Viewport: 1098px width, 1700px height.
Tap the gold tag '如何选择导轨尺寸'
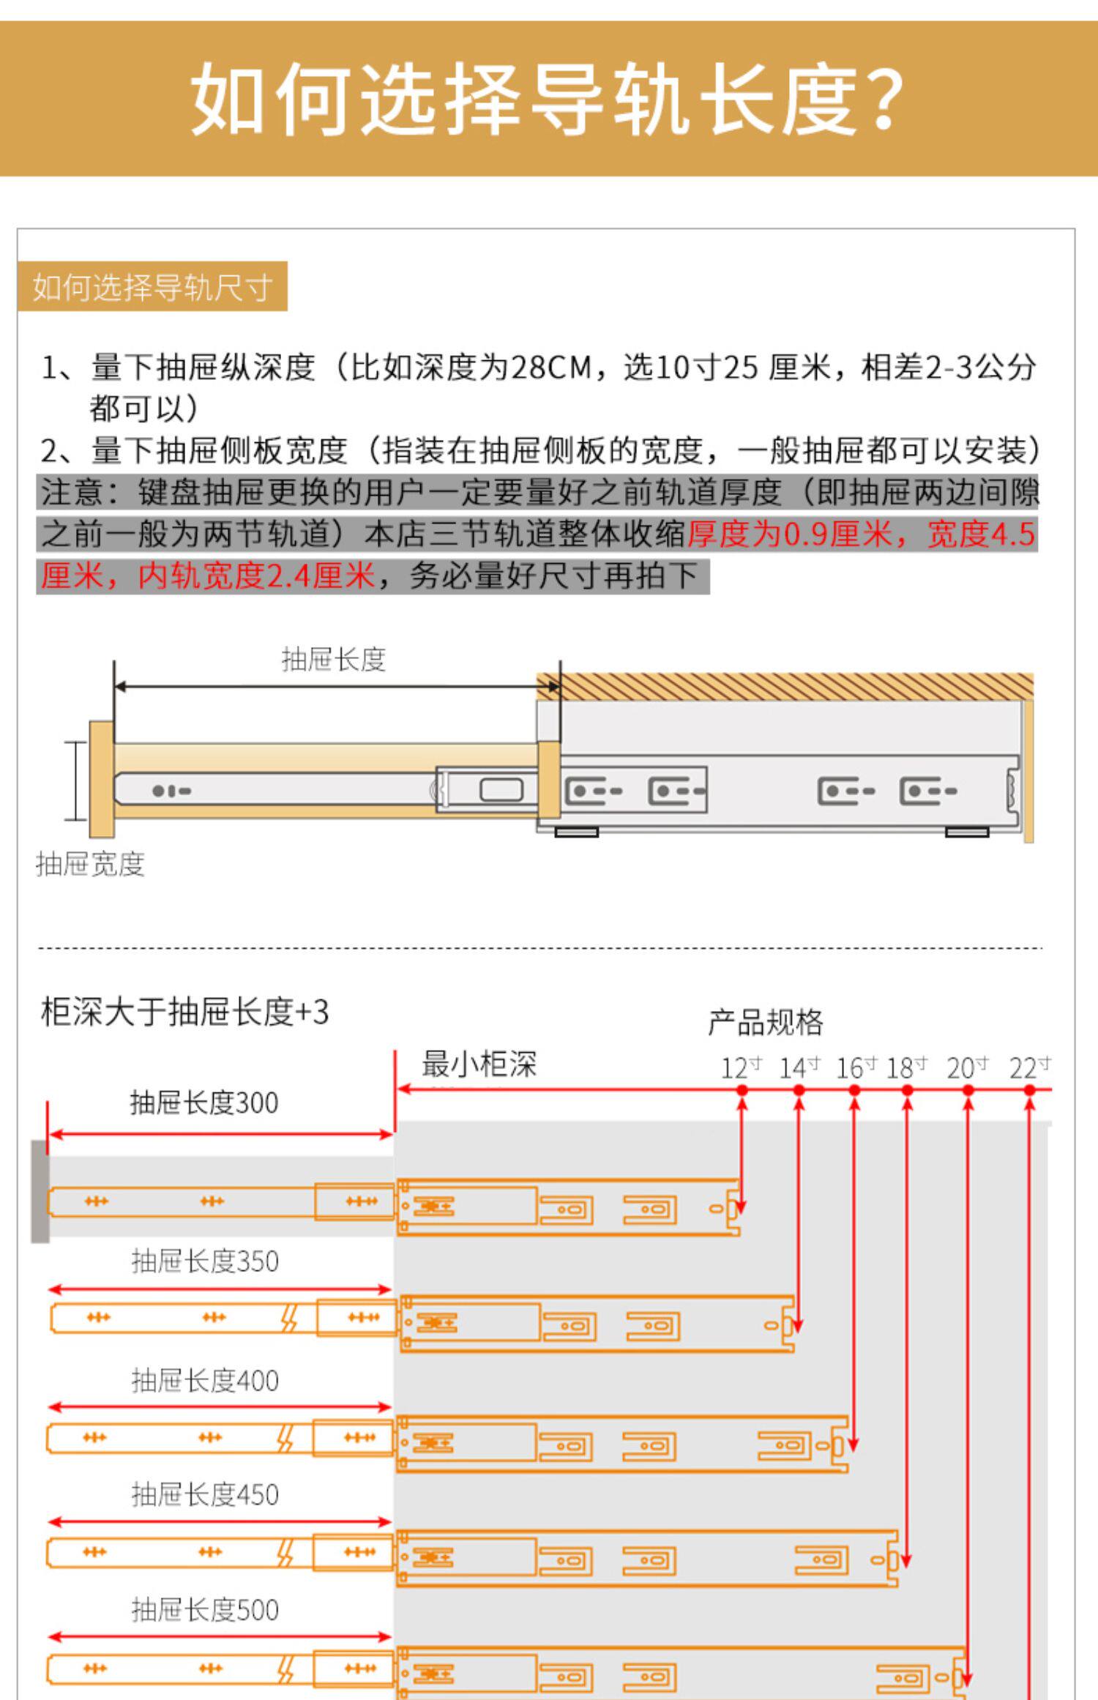[x=152, y=287]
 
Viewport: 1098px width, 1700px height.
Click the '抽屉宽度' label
[x=90, y=865]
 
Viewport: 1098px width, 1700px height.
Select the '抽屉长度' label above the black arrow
[x=333, y=660]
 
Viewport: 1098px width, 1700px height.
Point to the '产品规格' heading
[x=765, y=1022]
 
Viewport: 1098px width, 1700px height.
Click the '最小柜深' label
[x=479, y=1065]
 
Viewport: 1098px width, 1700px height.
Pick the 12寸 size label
[x=741, y=1068]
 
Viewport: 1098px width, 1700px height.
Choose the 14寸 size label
[x=799, y=1068]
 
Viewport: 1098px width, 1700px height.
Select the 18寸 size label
[x=907, y=1068]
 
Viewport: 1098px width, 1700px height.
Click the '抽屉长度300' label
[x=204, y=1103]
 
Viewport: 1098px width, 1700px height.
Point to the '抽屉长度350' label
[x=205, y=1261]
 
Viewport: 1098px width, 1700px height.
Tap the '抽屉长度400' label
[x=205, y=1381]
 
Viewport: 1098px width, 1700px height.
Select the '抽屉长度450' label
[x=205, y=1494]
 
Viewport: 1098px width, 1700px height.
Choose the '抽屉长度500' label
[x=205, y=1610]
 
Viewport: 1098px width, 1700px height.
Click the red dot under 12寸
[x=742, y=1090]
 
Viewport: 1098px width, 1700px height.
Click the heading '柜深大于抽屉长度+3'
[x=184, y=1013]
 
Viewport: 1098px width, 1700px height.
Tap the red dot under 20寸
[x=968, y=1090]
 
